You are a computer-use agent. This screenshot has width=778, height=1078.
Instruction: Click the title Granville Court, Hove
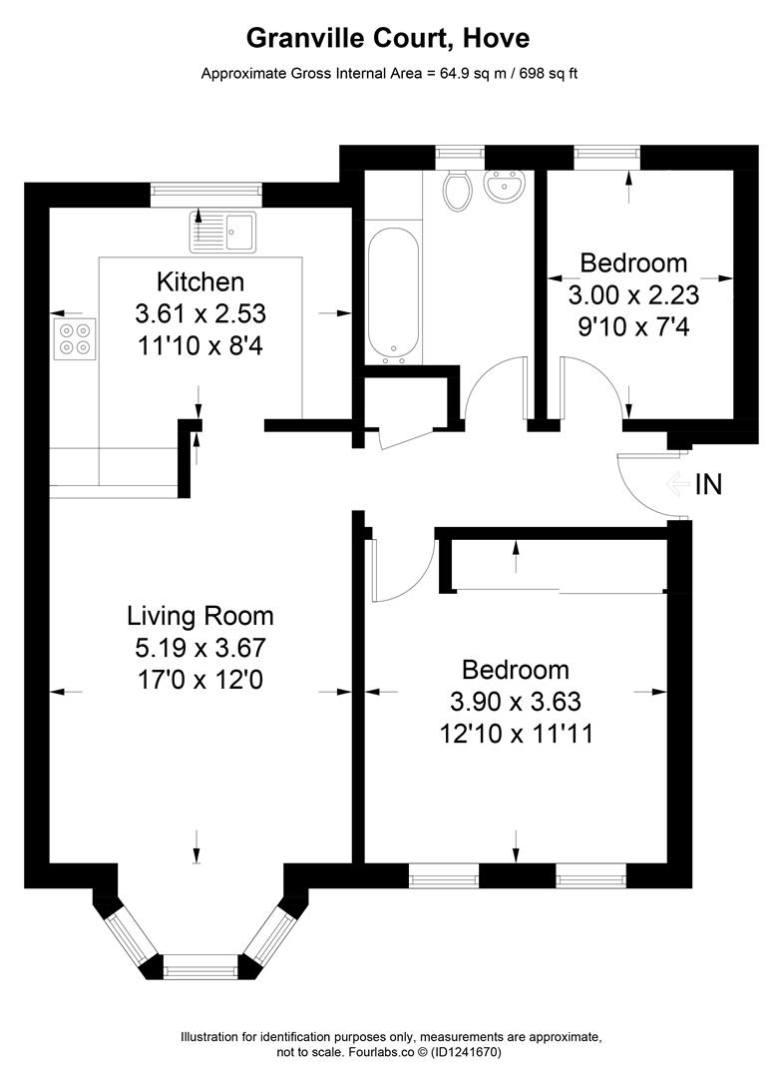(388, 39)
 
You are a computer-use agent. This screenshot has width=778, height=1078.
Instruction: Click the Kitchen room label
(200, 281)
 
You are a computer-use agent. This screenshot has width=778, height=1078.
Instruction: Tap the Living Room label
(200, 615)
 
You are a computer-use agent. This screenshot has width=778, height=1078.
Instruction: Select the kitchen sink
(222, 232)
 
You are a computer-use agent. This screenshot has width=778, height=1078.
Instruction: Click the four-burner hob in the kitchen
(74, 339)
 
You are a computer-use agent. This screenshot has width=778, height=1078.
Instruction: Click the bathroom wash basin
(506, 185)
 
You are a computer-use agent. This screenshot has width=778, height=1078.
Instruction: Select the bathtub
(393, 294)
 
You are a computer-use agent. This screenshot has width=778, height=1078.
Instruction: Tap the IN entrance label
(708, 485)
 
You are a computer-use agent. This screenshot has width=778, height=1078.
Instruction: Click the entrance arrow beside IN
(677, 485)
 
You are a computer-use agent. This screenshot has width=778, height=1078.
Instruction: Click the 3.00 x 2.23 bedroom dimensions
(633, 294)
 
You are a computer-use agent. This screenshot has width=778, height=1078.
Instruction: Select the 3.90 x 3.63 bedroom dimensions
(516, 702)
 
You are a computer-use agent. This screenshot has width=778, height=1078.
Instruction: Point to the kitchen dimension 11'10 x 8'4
(200, 345)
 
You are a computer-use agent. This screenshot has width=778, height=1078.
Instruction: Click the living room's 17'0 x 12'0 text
(200, 680)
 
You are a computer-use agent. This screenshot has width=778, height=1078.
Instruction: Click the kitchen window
(206, 195)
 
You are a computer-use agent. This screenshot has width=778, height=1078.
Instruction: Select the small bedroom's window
(606, 157)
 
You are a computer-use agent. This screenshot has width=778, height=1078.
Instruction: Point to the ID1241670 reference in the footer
(468, 1052)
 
